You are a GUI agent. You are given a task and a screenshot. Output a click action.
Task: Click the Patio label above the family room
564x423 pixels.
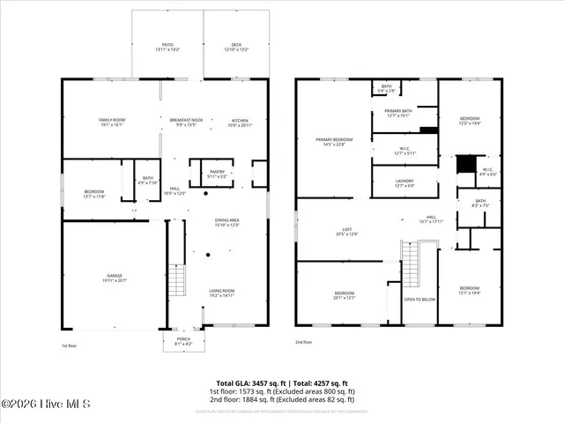coord(167,43)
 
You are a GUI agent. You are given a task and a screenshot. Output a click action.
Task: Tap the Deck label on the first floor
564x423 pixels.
coord(235,43)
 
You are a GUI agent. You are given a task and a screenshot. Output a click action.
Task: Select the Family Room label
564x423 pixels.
coord(113,122)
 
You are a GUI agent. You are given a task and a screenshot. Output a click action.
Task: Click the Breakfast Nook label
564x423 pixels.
coord(187,122)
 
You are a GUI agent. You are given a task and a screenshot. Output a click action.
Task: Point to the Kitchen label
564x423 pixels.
coord(241,122)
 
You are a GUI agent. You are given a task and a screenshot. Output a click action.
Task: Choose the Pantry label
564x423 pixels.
coord(217,174)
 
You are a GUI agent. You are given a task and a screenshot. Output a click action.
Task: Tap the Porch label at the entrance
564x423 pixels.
coord(183,340)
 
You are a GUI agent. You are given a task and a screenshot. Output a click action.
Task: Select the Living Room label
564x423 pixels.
coord(221,292)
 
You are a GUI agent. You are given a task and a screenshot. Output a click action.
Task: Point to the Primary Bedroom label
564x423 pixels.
coord(335,141)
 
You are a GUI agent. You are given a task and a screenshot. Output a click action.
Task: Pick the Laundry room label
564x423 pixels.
coord(405,182)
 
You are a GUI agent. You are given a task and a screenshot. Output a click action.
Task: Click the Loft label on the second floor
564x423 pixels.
coord(347,231)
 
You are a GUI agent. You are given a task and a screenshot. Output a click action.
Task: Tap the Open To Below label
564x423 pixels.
coord(419,300)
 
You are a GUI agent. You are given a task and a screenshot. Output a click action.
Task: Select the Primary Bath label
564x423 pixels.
coord(404,112)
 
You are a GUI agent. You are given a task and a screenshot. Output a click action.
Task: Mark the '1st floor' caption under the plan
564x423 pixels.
coord(70,345)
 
